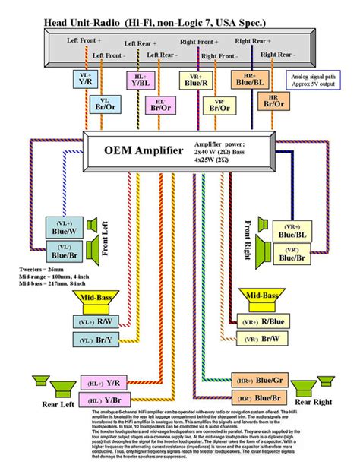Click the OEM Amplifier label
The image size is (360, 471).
pyautogui.click(x=143, y=150)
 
